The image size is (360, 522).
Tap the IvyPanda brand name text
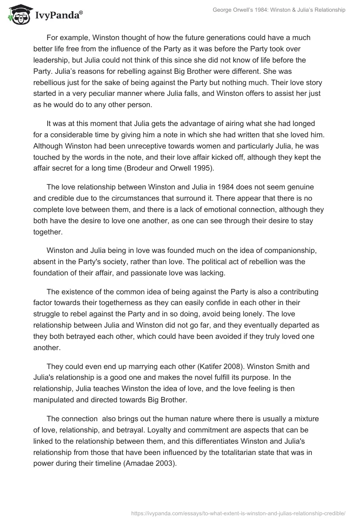[58, 16]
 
